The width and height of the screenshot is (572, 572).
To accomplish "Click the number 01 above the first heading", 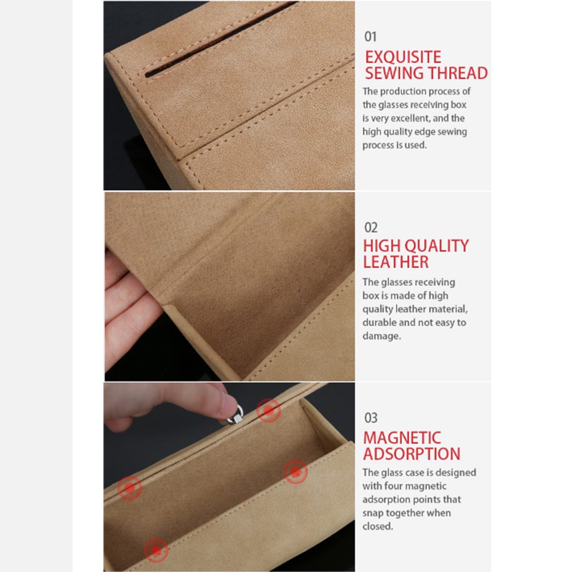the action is pyautogui.click(x=370, y=36).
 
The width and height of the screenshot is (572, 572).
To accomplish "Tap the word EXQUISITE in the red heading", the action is pyautogui.click(x=403, y=57).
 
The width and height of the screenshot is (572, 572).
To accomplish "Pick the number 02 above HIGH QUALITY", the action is pyautogui.click(x=370, y=227).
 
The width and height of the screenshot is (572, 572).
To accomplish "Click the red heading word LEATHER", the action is pyautogui.click(x=396, y=262).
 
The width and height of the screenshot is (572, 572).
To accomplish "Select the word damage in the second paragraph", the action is pyautogui.click(x=381, y=336).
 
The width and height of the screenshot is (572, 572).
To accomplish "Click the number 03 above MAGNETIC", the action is pyautogui.click(x=370, y=418).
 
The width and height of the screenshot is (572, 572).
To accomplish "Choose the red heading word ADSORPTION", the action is pyautogui.click(x=412, y=454).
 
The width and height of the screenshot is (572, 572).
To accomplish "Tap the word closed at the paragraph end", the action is pyautogui.click(x=378, y=526).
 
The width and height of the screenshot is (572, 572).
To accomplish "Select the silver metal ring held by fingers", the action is pyautogui.click(x=235, y=415).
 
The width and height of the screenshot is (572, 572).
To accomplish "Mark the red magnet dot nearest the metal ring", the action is pyautogui.click(x=269, y=410).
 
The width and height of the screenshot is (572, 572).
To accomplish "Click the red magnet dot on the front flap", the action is pyautogui.click(x=156, y=550).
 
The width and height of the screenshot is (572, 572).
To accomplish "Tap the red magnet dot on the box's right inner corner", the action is pyautogui.click(x=295, y=472).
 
